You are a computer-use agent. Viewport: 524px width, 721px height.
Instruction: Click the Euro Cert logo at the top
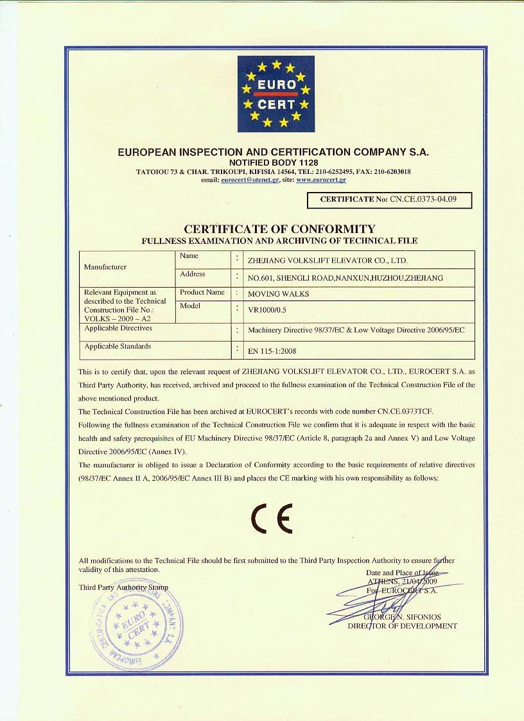[276, 94]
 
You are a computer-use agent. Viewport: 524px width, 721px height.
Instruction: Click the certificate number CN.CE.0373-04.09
[423, 199]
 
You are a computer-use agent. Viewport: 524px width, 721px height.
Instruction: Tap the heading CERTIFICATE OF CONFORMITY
[279, 229]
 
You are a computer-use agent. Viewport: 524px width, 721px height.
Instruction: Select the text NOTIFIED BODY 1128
[274, 163]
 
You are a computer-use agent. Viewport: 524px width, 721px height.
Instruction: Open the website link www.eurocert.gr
[321, 180]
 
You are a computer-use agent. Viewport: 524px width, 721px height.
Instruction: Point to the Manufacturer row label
[105, 267]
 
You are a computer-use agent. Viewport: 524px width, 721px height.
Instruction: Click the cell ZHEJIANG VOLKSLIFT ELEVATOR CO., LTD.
[327, 261]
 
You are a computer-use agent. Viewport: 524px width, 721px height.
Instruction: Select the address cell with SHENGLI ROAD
[345, 278]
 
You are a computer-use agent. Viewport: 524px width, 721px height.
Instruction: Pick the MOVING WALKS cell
[278, 294]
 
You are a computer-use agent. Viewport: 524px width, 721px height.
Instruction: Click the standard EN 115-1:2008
[272, 351]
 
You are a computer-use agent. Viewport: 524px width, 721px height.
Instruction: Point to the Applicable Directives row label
[118, 328]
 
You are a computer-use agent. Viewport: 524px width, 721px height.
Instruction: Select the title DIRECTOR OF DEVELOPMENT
[403, 626]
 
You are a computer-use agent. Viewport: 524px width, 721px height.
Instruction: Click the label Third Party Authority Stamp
[123, 587]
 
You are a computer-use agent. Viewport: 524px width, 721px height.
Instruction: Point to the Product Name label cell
[202, 292]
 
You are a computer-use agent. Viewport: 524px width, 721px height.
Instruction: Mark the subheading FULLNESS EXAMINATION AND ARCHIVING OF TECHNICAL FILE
[279, 241]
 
